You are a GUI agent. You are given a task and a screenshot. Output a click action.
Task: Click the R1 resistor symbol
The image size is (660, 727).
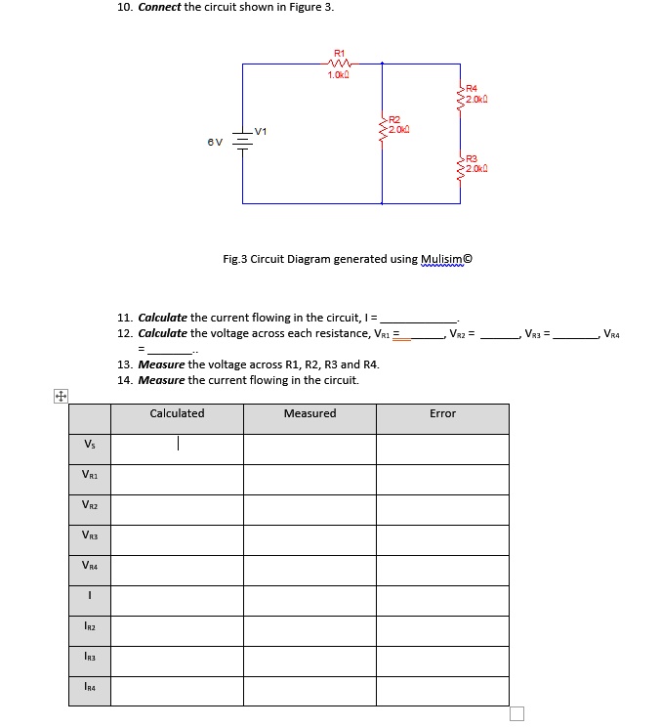click(x=339, y=64)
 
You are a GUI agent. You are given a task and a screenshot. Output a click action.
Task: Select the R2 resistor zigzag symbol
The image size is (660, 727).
click(x=383, y=128)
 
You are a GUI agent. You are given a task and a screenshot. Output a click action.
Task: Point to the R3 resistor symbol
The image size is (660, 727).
click(x=460, y=166)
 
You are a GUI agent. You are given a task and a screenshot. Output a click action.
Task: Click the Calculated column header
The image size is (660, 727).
click(x=177, y=413)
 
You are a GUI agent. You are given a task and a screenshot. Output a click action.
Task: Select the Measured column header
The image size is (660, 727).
click(x=309, y=413)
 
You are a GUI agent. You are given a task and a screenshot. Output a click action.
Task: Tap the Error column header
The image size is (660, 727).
click(x=442, y=413)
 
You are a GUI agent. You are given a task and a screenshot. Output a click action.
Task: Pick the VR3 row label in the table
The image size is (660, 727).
click(x=90, y=535)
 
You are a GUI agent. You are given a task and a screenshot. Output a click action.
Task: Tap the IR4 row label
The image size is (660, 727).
click(x=90, y=687)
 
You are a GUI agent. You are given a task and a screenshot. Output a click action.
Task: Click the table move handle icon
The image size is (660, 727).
click(x=60, y=397)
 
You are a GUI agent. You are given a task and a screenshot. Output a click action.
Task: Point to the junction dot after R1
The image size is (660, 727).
click(x=383, y=64)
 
